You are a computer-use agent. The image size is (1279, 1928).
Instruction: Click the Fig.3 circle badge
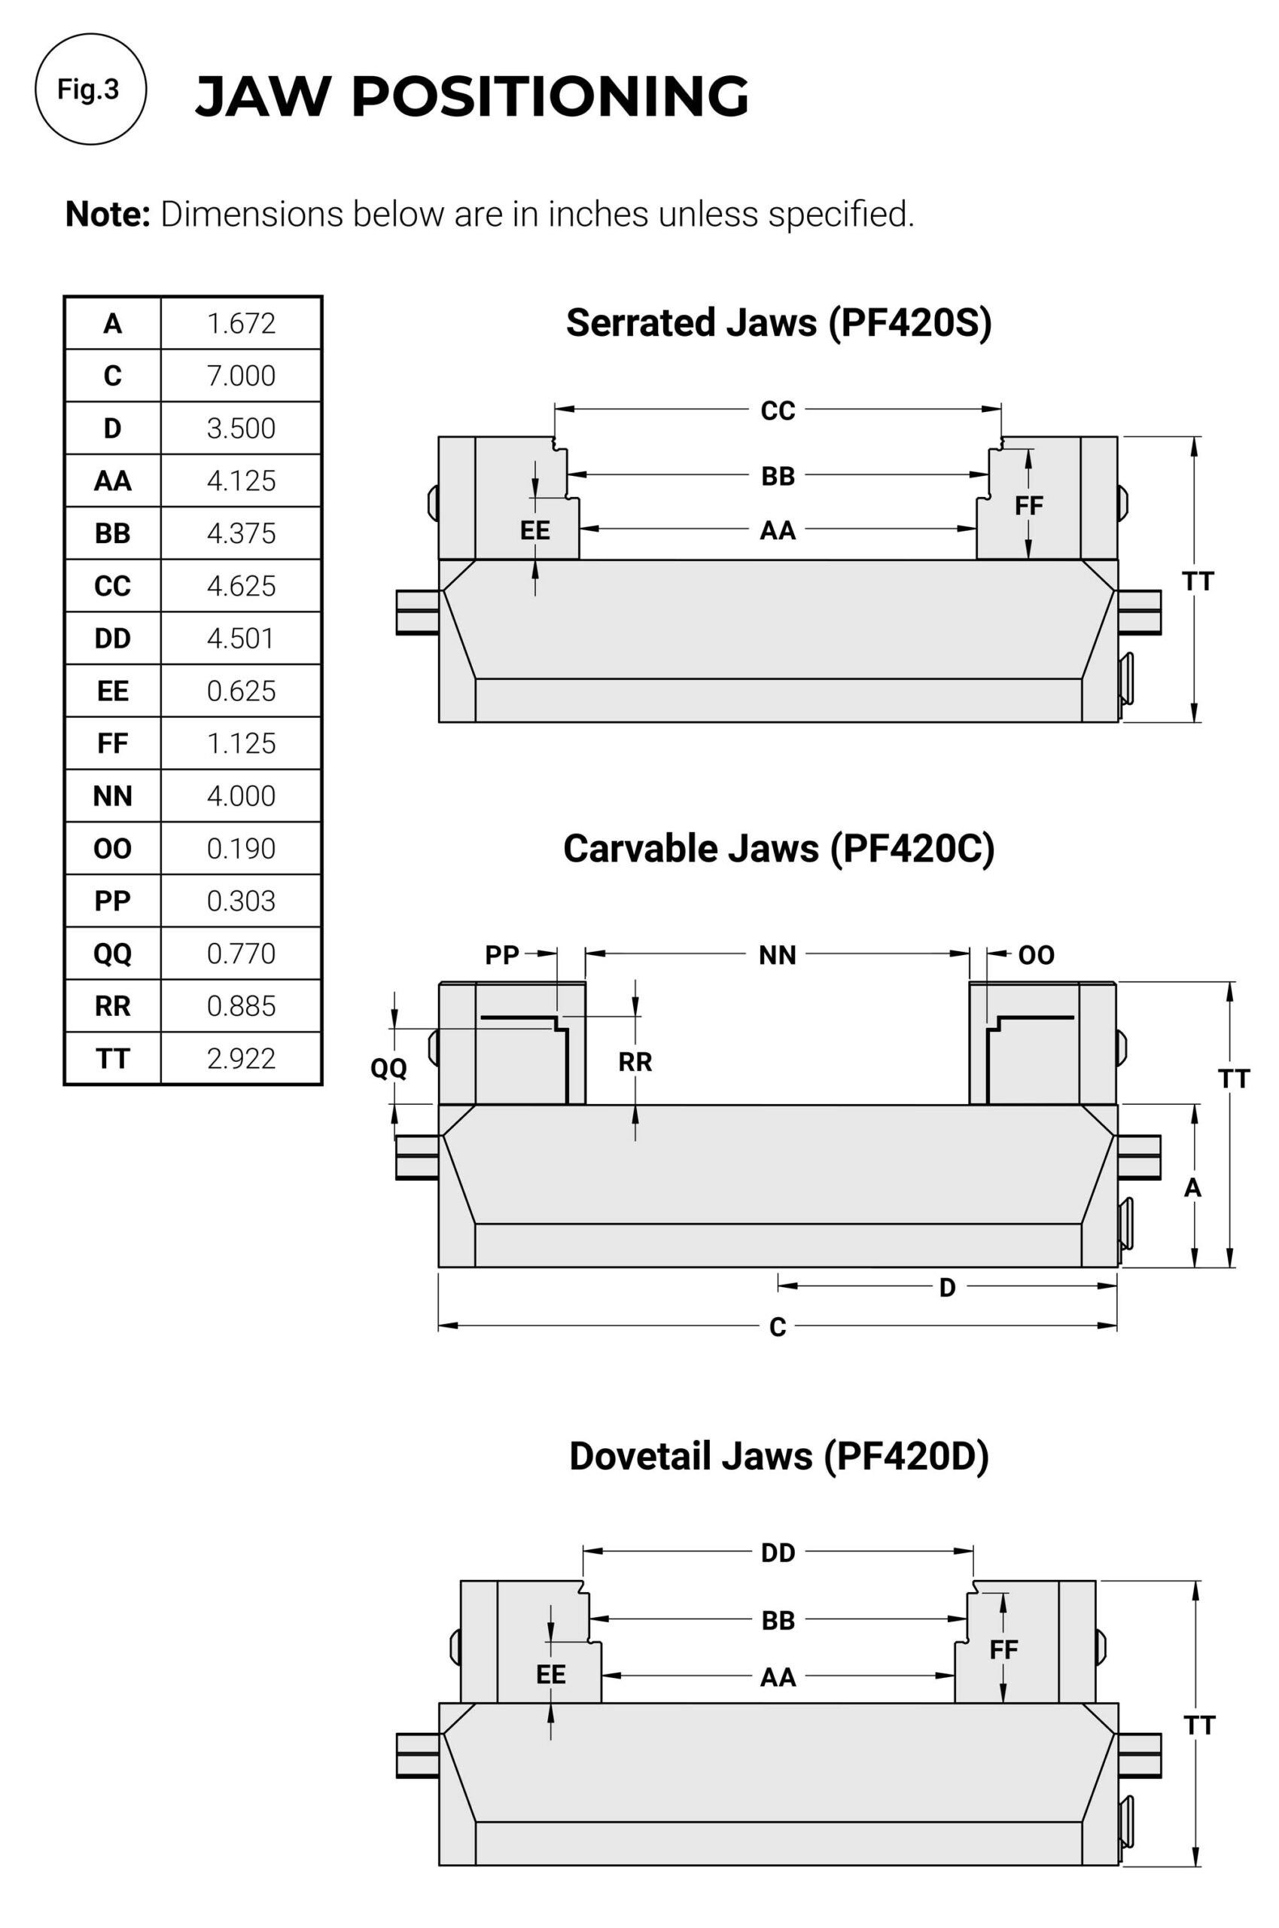coord(90,89)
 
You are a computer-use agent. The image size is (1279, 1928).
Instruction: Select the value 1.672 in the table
coord(241,323)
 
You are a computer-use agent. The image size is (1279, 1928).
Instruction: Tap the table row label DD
coord(113,638)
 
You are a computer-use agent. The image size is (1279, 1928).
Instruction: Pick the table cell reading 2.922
coord(241,1058)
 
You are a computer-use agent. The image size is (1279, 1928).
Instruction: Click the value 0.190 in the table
coord(241,849)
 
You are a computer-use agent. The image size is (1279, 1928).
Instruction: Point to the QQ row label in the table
coord(113,953)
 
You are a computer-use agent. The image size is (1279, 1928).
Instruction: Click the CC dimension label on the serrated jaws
coord(778,410)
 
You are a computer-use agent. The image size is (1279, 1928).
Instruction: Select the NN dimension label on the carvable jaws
coord(778,955)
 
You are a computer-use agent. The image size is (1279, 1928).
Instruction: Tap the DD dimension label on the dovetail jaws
coord(778,1553)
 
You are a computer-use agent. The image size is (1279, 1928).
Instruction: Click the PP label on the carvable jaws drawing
coord(501,955)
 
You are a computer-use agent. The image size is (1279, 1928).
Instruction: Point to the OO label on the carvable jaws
coord(1036,955)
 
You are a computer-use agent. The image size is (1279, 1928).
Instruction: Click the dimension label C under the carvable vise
coord(778,1328)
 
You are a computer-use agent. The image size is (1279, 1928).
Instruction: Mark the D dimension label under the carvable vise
coord(947,1288)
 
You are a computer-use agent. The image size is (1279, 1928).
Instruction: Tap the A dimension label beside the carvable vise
coord(1192,1188)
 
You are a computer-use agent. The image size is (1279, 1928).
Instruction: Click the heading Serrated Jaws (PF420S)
coord(778,322)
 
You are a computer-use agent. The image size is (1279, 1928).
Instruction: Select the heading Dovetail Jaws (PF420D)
coord(778,1457)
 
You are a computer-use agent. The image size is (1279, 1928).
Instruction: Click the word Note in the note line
coord(108,215)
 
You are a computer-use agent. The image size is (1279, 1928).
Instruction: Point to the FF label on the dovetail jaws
coord(1003,1650)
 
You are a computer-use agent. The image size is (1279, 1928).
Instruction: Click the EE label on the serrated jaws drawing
coord(535,530)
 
